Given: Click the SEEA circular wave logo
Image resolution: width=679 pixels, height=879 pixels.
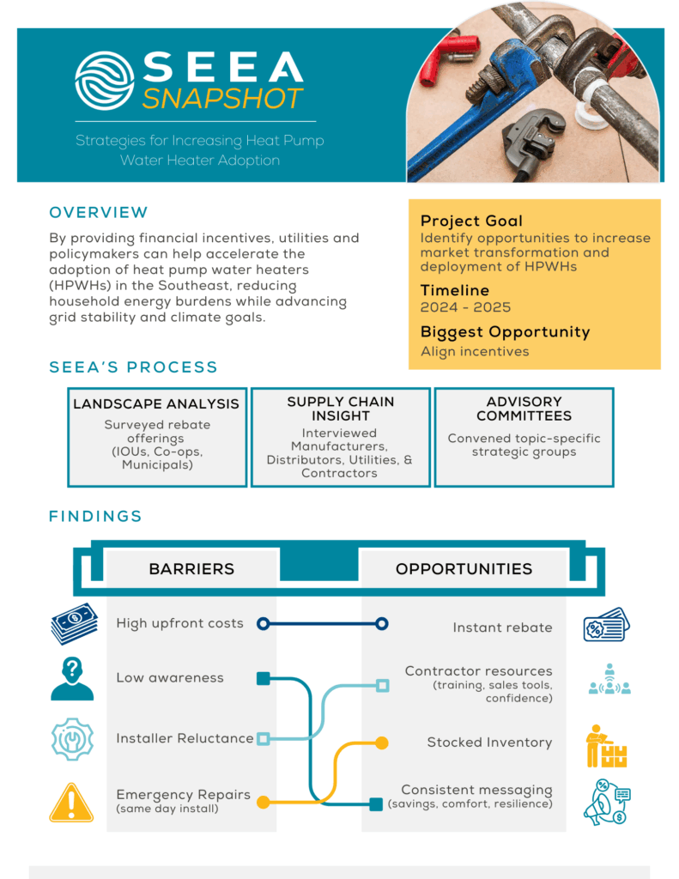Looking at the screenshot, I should [105, 80].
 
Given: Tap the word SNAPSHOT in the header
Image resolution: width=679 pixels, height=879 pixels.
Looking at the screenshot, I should [223, 98].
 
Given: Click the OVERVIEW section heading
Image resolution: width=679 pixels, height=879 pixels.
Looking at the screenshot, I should [99, 213].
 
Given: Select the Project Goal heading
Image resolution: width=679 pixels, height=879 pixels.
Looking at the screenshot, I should [471, 221].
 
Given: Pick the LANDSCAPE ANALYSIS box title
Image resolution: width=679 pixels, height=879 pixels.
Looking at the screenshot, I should [156, 403].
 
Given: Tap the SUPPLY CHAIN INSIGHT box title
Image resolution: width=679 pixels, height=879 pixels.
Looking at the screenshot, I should [340, 409].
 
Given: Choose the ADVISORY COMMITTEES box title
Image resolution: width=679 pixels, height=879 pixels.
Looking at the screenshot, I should [524, 409].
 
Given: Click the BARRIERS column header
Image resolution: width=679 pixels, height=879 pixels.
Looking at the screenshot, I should [191, 569].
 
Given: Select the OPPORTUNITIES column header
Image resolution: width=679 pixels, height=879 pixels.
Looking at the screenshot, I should [464, 569].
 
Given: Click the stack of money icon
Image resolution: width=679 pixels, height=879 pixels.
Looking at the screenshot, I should [74, 625].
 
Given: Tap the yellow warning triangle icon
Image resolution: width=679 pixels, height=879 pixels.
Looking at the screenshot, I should [72, 803].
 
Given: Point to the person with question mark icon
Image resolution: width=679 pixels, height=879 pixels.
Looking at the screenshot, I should [72, 679].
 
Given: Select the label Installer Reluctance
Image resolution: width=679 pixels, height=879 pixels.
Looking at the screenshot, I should [185, 738].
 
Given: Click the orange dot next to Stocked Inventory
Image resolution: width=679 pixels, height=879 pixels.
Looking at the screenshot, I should [382, 743].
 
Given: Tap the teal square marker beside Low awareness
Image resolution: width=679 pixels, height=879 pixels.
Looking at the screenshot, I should [264, 679].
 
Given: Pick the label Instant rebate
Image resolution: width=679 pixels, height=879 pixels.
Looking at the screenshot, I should [502, 627].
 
